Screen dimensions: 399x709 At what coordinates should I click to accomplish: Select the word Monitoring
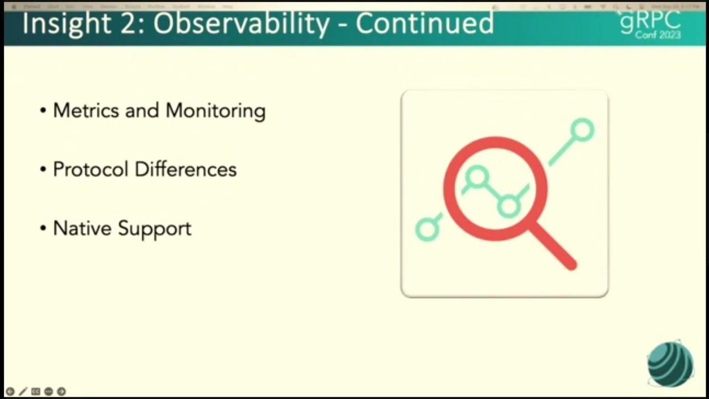[x=215, y=111]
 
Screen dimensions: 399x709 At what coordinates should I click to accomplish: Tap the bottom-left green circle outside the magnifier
[x=427, y=228]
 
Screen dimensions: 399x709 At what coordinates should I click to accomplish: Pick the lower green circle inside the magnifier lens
[x=508, y=206]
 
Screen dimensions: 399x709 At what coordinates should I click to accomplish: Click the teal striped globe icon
[x=670, y=364]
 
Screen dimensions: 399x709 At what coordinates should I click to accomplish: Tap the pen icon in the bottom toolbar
[x=23, y=391]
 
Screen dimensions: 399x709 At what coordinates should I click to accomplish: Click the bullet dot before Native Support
[x=43, y=228]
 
